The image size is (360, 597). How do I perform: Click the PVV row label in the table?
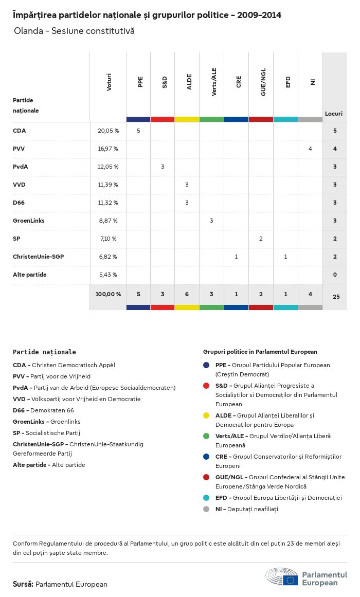coord(19,149)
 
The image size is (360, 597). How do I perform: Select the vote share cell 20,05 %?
coord(108,131)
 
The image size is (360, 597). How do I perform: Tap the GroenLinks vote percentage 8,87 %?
coord(108,221)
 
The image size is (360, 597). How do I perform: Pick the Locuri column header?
coord(334,114)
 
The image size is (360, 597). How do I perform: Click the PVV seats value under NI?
coord(310,149)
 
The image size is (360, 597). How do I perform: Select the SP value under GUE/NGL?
coord(261,239)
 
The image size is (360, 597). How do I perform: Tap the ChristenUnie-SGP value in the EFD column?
coord(285,257)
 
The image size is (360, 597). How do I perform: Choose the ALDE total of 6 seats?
coord(187,294)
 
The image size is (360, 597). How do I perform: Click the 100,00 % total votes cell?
coord(108,294)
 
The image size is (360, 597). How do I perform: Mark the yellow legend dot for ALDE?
coord(206,415)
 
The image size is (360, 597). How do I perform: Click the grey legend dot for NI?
coord(206,509)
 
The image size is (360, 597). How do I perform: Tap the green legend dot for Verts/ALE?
coord(206,436)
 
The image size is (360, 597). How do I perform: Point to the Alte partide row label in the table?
coord(30,275)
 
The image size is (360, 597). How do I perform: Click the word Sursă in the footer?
coord(23,584)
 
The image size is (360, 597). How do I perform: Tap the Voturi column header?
coord(109,83)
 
